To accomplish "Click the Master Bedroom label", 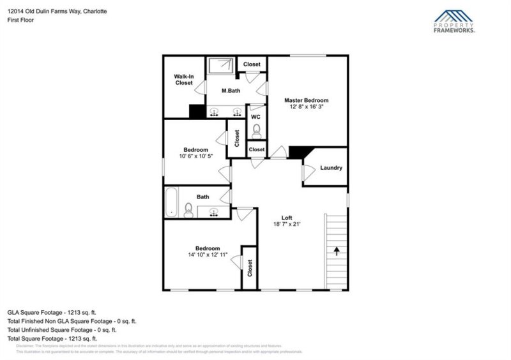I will pyautogui.click(x=307, y=100).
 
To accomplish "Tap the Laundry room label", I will pyautogui.click(x=331, y=168).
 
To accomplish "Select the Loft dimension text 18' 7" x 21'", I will pyautogui.click(x=287, y=224).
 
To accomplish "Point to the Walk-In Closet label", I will pyautogui.click(x=183, y=80).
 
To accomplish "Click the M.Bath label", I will pyautogui.click(x=231, y=91).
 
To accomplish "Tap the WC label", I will pyautogui.click(x=256, y=117).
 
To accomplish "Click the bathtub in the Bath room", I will pyautogui.click(x=171, y=203).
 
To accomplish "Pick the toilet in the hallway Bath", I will pyautogui.click(x=188, y=209).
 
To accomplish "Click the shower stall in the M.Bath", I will pyautogui.click(x=221, y=66).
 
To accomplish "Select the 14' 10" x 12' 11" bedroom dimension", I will pyautogui.click(x=208, y=255).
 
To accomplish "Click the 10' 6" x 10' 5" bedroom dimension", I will pyautogui.click(x=195, y=156).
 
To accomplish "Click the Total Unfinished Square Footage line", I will pyautogui.click(x=61, y=330).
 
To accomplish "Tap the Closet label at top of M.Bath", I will pyautogui.click(x=252, y=64).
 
